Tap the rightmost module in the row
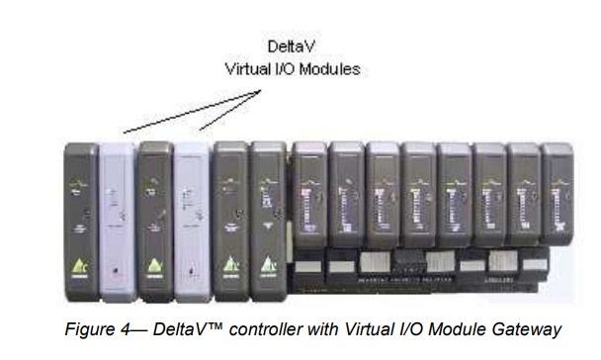[x=558, y=193]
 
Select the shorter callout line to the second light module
[x=229, y=110]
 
